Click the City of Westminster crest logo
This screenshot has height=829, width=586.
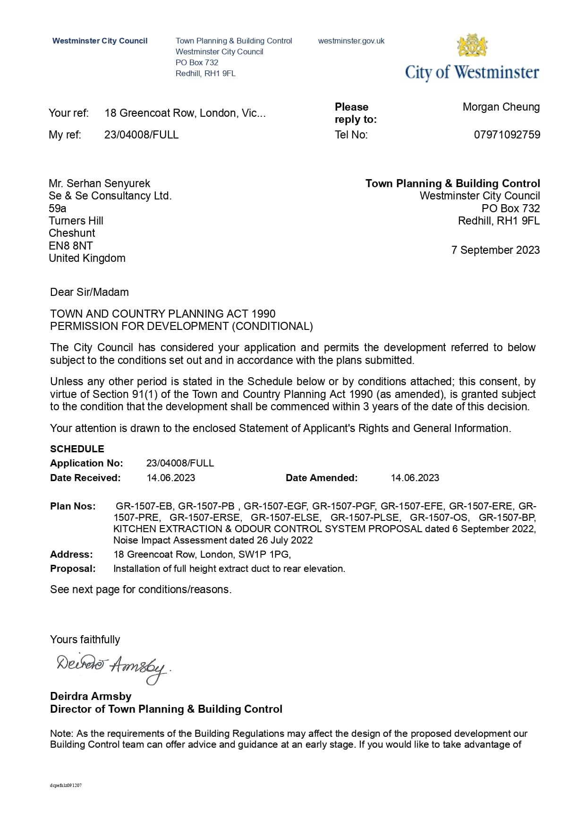pyautogui.click(x=472, y=45)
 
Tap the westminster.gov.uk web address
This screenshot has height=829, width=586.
pyautogui.click(x=351, y=41)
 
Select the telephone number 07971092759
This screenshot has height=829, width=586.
pyautogui.click(x=507, y=135)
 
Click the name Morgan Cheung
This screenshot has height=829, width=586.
pyautogui.click(x=501, y=107)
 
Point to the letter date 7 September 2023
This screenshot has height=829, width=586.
pyautogui.click(x=495, y=250)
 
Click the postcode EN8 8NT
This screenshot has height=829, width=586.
pyautogui.click(x=71, y=246)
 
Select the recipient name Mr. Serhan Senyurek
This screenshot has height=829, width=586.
pyautogui.click(x=99, y=183)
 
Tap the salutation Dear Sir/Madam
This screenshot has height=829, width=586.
pyautogui.click(x=89, y=292)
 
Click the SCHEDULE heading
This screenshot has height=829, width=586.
pyautogui.click(x=77, y=449)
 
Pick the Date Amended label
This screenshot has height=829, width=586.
pyautogui.click(x=322, y=478)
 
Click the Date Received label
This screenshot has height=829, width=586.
pyautogui.click(x=85, y=478)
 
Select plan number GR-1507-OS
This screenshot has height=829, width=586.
pyautogui.click(x=439, y=518)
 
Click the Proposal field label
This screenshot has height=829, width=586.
pyautogui.click(x=73, y=569)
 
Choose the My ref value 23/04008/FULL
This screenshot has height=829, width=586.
pyautogui.click(x=141, y=135)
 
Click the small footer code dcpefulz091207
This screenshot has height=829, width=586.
pyautogui.click(x=66, y=786)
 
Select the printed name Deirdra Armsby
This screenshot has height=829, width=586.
pyautogui.click(x=91, y=696)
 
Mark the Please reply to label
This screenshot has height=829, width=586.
pyautogui.click(x=356, y=113)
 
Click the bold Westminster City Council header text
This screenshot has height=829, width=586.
pyautogui.click(x=100, y=41)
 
